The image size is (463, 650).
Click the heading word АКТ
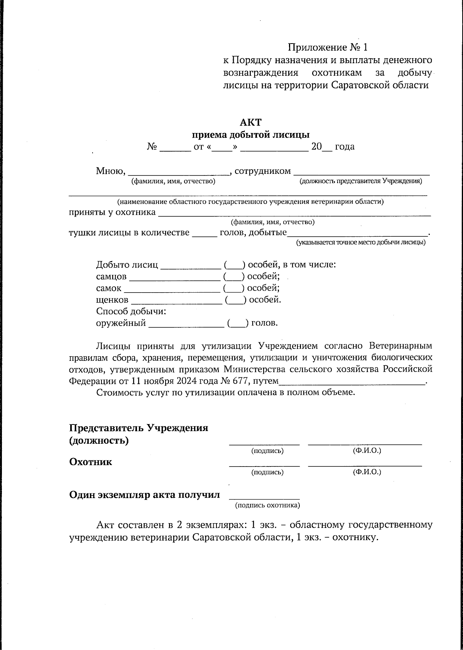250,123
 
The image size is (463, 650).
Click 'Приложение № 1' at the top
328,47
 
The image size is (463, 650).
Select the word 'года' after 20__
345,147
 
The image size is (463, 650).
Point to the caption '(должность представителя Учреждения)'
361,181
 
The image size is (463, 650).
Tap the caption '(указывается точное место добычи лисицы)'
361,242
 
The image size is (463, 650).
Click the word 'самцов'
111,277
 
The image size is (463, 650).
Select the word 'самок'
108,288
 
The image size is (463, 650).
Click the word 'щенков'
112,300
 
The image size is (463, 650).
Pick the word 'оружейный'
121,323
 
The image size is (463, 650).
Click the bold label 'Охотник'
90,462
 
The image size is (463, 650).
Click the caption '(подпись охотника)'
268,505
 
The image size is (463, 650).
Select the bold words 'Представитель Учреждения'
139,428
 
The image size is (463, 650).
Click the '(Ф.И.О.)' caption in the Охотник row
367,472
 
